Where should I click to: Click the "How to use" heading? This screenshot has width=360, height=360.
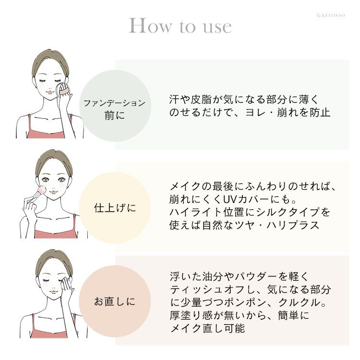pyautogui.click(x=180, y=26)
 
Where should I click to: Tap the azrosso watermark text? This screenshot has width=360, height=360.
pyautogui.click(x=331, y=15)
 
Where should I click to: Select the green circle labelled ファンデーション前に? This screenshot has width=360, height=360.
pyautogui.click(x=115, y=106)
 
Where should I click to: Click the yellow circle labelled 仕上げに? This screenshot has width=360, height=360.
pyautogui.click(x=115, y=208)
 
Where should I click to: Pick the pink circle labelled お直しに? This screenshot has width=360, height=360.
pyautogui.click(x=115, y=301)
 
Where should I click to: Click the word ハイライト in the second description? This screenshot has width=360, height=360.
pyautogui.click(x=195, y=212)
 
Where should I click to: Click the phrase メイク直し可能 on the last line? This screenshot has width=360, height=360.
pyautogui.click(x=207, y=328)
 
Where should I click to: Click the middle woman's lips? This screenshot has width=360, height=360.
pyautogui.click(x=53, y=191)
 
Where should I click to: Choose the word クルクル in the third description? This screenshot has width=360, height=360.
pyautogui.click(x=299, y=302)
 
